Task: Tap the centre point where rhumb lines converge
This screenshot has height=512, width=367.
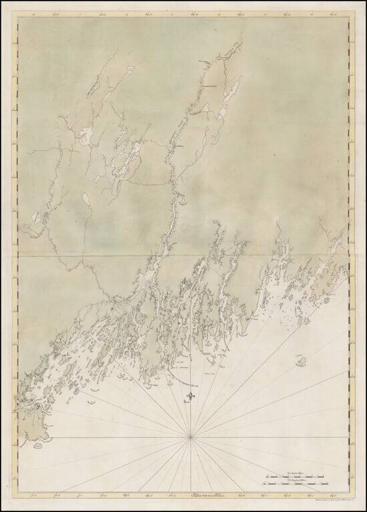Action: (x=192, y=437)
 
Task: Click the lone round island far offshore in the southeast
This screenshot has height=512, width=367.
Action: (x=302, y=361)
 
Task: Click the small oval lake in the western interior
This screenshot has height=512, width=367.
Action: (x=85, y=199)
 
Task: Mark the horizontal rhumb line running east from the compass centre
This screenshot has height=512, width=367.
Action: (x=267, y=437)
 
